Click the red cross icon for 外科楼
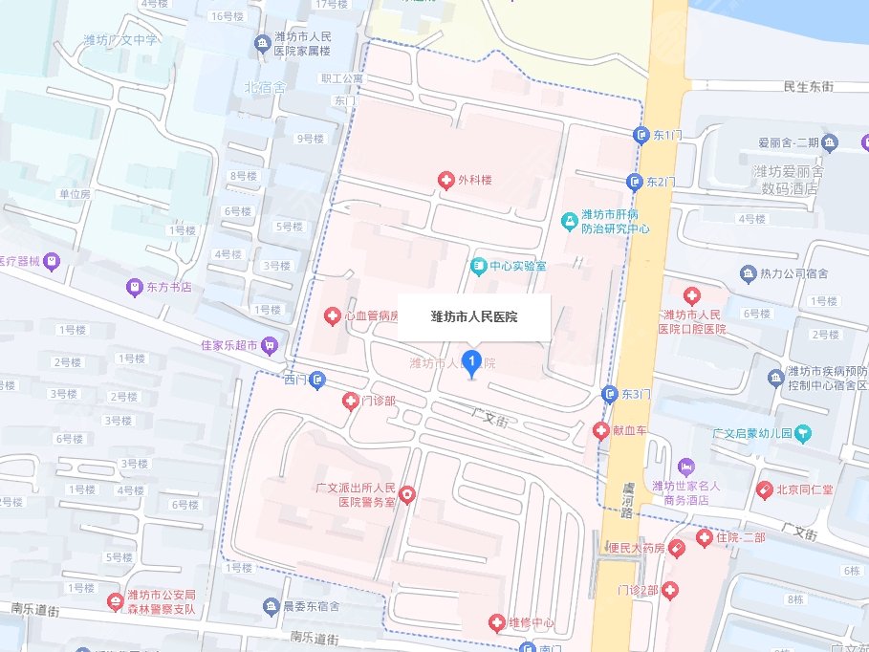click(x=445, y=180)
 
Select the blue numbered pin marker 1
click(x=470, y=362)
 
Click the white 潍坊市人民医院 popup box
click(x=474, y=316)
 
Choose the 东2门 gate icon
click(x=635, y=182)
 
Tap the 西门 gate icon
click(x=319, y=380)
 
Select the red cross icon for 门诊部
click(x=351, y=402)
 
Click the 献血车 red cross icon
click(x=601, y=430)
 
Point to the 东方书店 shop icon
click(x=136, y=287)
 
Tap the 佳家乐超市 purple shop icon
click(x=272, y=344)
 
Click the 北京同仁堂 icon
click(x=764, y=489)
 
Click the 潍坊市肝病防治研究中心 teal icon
click(x=569, y=221)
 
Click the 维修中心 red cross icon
click(x=496, y=623)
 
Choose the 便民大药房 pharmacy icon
click(x=677, y=549)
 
